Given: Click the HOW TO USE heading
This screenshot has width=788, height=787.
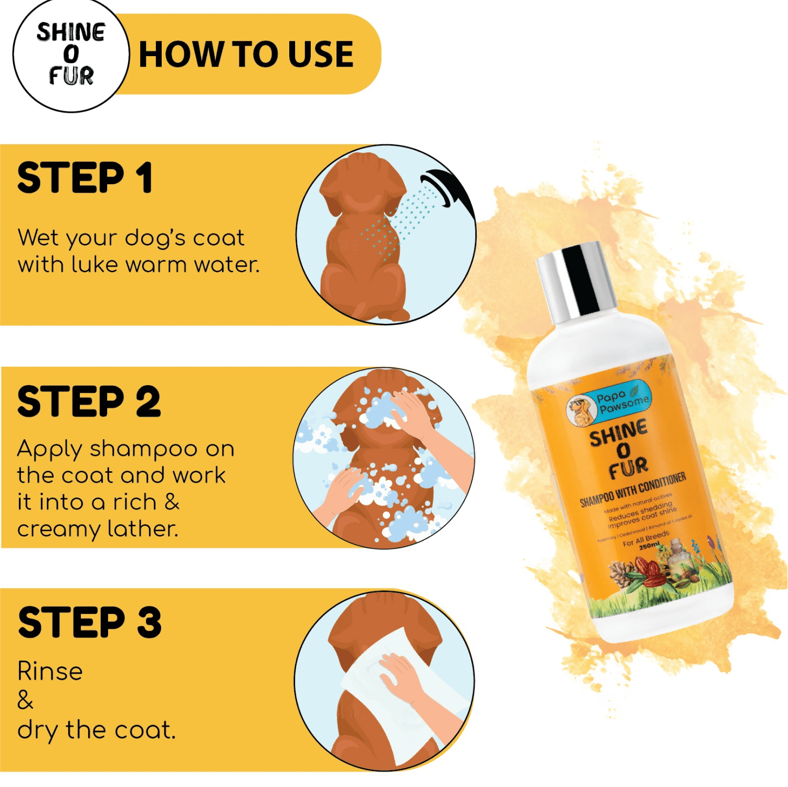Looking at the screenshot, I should coord(246,55).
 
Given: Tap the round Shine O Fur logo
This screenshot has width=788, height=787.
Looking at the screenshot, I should coord(71,55).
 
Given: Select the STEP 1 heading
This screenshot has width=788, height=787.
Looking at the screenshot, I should coord(85,178).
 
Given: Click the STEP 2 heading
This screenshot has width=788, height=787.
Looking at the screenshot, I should coord(89,402).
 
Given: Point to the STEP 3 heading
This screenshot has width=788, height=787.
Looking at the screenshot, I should coord(89,623).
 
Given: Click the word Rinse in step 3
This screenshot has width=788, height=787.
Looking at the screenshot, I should coord(50,672).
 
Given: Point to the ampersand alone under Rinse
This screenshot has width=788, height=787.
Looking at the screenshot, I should coord(25,700).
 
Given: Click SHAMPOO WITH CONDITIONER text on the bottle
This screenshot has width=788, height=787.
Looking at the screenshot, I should coord(633,490).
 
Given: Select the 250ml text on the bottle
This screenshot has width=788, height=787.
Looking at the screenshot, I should coord(649,546).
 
